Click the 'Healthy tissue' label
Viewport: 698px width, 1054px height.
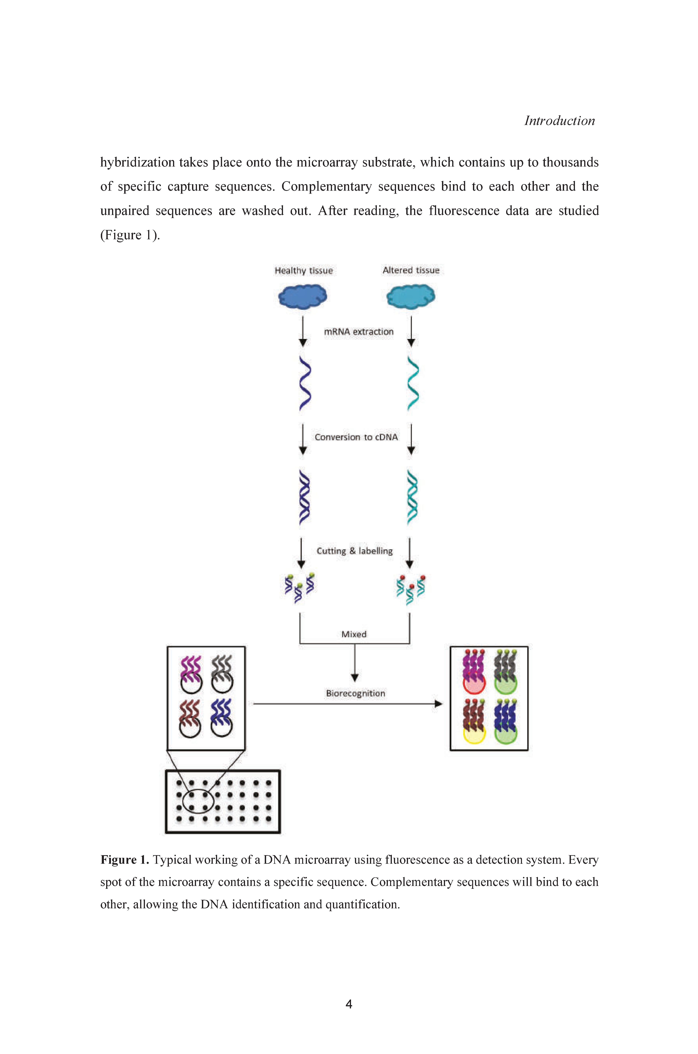304,271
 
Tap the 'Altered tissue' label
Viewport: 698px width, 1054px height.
411,270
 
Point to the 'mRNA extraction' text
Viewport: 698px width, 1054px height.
359,332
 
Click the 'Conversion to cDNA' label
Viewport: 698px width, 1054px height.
356,437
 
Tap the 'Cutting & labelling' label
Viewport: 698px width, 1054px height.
355,551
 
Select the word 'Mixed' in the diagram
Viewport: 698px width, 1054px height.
354,634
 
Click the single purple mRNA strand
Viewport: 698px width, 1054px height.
305,383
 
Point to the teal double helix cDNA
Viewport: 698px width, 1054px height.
413,497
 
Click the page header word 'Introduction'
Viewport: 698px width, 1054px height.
560,121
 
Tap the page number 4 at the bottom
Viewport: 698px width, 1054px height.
349,1004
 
